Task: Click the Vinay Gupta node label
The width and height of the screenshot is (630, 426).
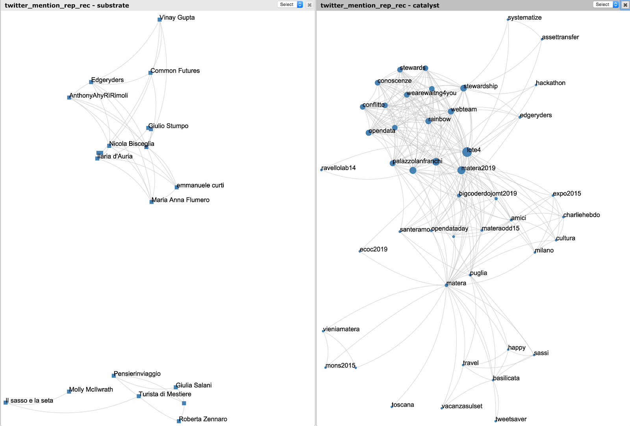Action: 178,18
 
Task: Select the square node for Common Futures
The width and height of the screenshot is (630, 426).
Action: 150,73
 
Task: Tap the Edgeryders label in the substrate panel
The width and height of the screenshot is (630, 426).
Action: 107,80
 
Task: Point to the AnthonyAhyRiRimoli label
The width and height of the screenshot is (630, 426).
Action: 99,96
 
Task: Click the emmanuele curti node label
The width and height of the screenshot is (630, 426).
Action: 200,186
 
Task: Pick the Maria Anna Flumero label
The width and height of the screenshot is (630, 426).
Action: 181,200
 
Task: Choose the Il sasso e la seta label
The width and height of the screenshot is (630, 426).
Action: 30,401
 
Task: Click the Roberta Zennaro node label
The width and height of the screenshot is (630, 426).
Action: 203,419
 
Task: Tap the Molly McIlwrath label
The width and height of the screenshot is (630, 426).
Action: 91,390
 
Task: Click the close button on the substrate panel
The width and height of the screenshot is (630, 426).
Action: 309,5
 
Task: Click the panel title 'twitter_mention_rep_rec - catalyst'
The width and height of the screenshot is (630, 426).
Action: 380,6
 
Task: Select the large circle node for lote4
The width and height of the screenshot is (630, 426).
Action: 467,152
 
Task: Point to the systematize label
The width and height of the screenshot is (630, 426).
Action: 525,18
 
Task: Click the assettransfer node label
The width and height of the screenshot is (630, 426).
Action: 561,37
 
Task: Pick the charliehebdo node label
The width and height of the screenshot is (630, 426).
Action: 582,215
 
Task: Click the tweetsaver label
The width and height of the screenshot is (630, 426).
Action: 511,419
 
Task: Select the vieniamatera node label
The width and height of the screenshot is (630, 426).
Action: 341,329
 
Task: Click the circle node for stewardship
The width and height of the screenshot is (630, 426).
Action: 463,88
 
